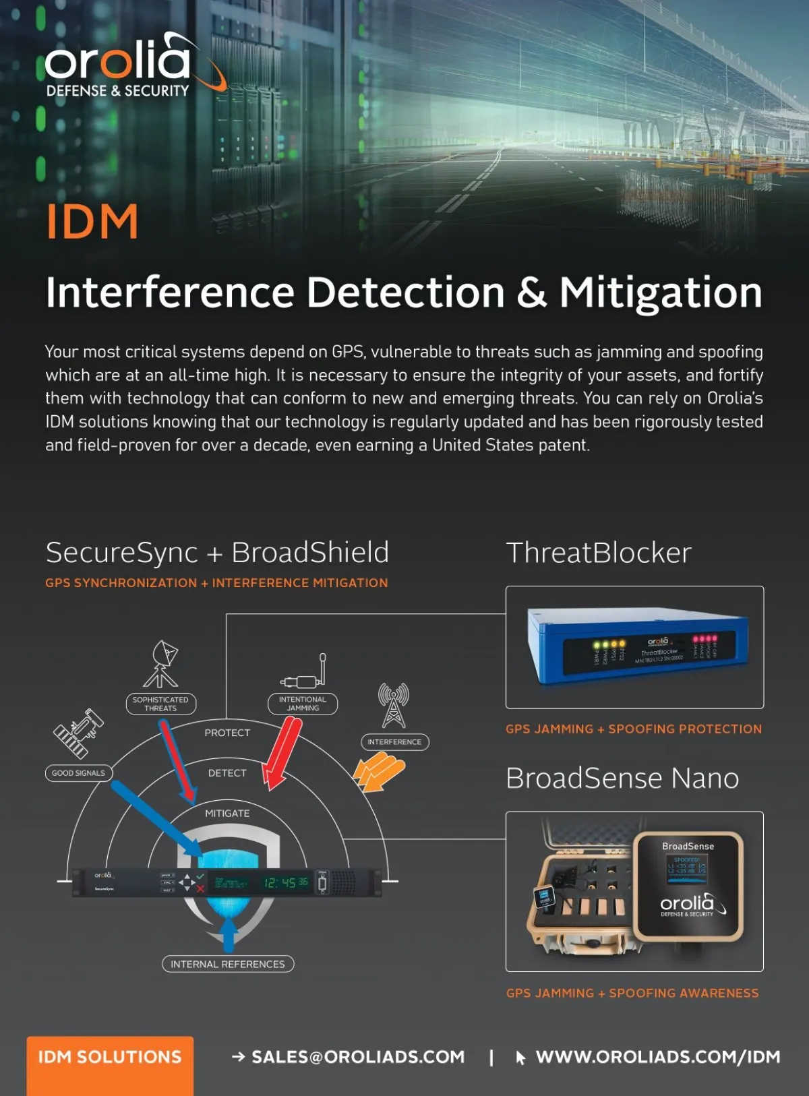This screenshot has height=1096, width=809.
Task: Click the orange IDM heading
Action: (92, 222)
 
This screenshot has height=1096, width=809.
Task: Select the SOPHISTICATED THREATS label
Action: (160, 704)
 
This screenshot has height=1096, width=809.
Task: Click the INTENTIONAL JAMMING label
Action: (303, 704)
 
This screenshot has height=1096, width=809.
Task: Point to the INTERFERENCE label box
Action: (394, 741)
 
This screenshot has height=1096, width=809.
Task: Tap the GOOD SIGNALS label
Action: (78, 773)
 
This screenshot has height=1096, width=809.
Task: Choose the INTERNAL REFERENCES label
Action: (228, 964)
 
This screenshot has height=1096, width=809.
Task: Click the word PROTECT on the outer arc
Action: (227, 733)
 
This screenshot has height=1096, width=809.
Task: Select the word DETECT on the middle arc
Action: (227, 773)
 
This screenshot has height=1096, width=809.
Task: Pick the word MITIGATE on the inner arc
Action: (227, 814)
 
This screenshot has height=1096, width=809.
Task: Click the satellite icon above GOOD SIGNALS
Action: (78, 733)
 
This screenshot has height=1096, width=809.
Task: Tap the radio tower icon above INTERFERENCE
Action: (394, 705)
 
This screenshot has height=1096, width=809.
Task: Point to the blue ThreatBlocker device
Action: (637, 646)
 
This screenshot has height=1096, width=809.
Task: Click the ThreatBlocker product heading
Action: (599, 553)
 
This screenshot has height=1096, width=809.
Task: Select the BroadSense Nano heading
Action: (622, 779)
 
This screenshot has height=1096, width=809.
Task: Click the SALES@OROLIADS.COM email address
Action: (358, 1057)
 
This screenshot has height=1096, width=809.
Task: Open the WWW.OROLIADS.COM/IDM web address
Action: (657, 1057)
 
